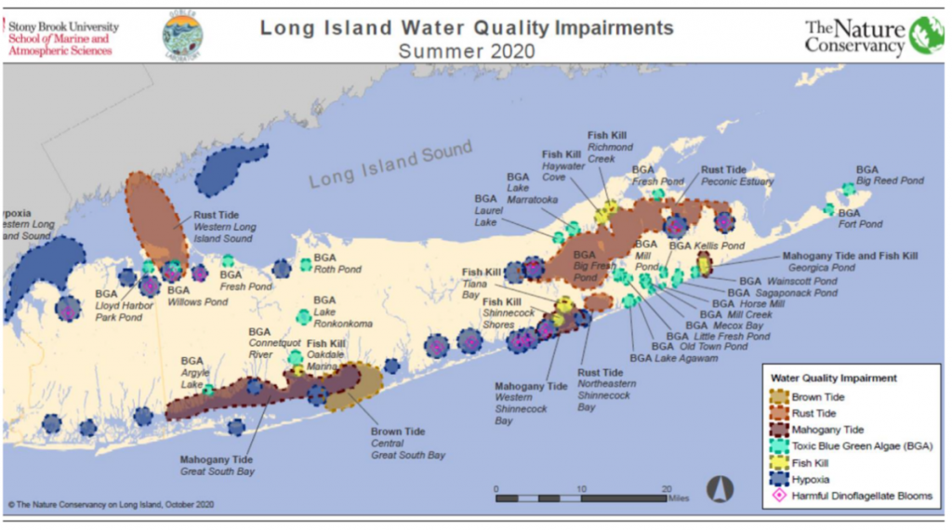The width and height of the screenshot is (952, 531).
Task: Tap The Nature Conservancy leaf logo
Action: click(x=926, y=34)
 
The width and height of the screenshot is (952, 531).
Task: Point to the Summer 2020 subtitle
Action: click(x=467, y=51)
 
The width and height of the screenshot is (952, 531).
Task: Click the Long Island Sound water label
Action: click(x=390, y=164)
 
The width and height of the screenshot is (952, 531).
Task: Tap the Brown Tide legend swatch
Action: click(x=779, y=397)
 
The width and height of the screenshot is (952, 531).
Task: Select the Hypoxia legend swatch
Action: click(x=779, y=479)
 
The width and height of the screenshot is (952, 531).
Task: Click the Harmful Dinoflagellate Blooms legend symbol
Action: click(x=779, y=496)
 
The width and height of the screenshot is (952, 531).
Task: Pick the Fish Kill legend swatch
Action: click(x=779, y=462)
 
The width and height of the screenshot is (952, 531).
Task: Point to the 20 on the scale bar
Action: click(x=667, y=488)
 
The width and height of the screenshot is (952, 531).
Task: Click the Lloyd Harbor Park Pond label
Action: click(x=118, y=311)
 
